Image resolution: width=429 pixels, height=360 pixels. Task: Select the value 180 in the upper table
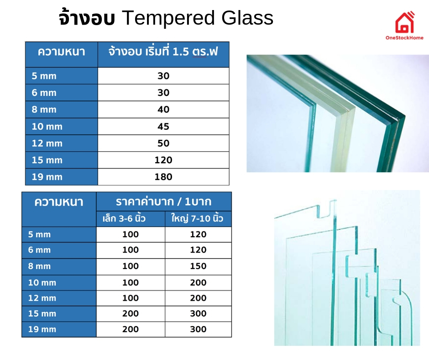tap(163, 177)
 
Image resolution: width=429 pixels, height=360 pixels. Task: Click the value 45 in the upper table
tap(163, 127)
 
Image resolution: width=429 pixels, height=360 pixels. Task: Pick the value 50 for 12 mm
tap(163, 143)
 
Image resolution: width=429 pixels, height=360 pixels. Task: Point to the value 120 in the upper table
tap(163, 160)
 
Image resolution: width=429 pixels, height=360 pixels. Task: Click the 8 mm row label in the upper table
tap(44, 110)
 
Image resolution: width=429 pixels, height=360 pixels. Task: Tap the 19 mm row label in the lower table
tap(42, 329)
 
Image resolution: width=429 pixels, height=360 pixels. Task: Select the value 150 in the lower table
tap(198, 266)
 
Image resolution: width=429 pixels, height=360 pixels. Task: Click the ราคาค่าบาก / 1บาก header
tap(163, 201)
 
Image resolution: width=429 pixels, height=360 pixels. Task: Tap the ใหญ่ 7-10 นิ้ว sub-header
tap(198, 218)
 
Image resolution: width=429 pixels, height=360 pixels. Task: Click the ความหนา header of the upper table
tap(61, 51)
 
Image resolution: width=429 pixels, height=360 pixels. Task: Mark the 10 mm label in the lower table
tap(42, 282)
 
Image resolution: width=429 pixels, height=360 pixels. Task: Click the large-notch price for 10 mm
tap(198, 282)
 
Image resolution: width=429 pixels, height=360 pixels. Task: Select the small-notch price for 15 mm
tap(131, 313)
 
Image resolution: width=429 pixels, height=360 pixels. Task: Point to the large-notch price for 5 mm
tap(198, 234)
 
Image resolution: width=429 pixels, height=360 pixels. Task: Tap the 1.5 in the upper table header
tap(181, 52)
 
